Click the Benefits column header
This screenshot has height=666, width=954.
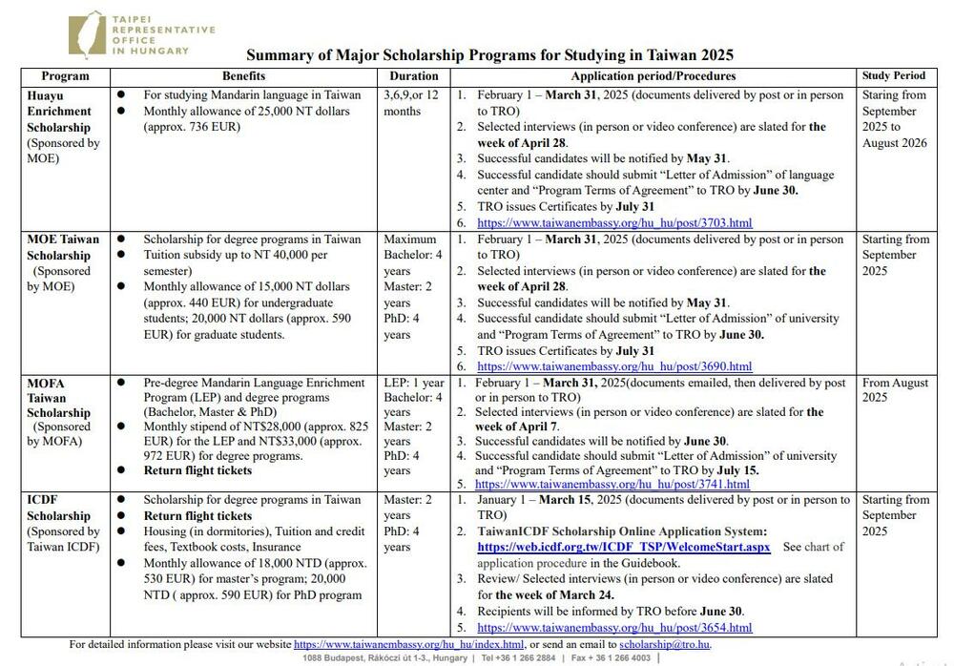244,75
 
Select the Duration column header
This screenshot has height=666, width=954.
414,75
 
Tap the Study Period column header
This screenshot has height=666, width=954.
893,75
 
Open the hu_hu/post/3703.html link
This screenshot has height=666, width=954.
614,223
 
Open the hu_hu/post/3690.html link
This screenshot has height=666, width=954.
614,366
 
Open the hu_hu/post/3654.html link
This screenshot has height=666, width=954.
614,628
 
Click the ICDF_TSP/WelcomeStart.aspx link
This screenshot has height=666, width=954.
624,548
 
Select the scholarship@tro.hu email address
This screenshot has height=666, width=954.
665,645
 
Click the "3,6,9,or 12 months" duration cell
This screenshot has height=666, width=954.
411,103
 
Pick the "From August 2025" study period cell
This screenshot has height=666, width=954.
895,390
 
